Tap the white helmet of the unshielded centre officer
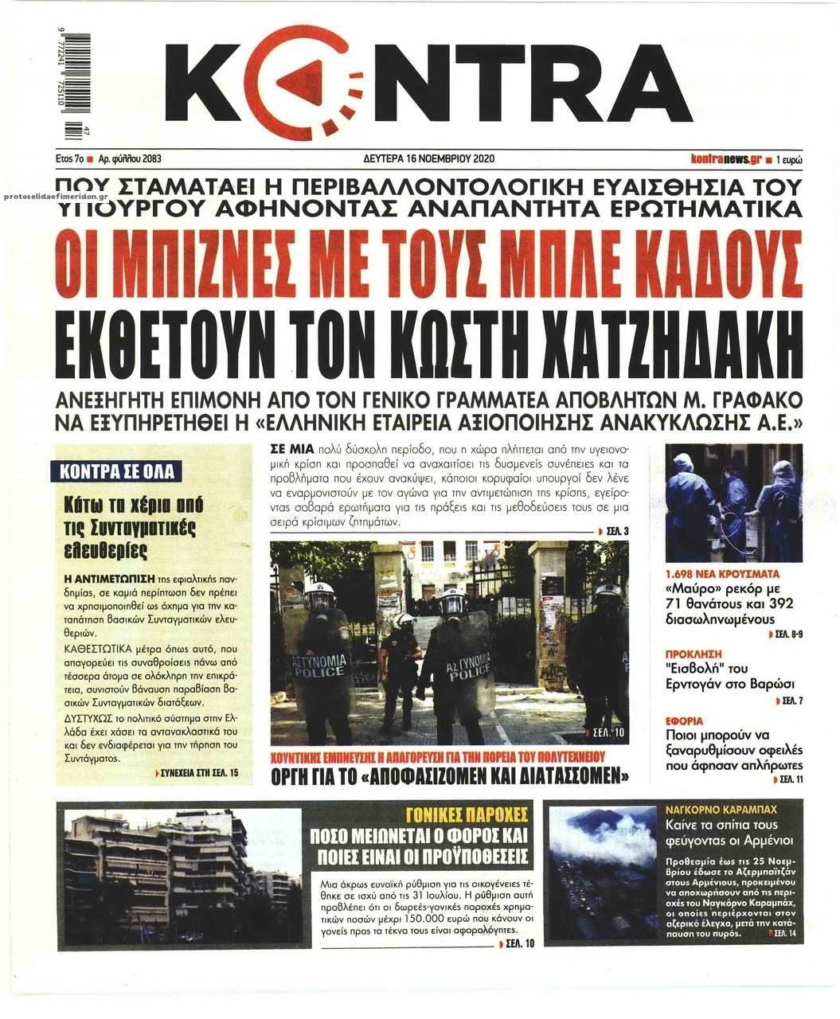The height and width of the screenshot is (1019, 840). (404, 620)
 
